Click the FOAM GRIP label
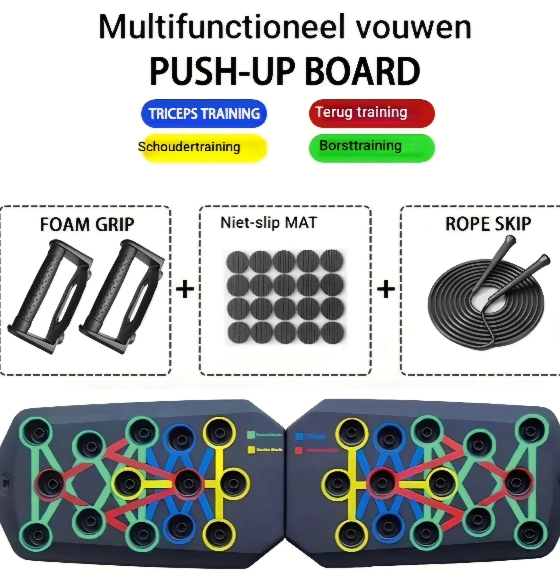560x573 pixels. pyautogui.click(x=87, y=225)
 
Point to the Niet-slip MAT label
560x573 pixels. pyautogui.click(x=268, y=223)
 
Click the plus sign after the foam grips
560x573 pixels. pyautogui.click(x=185, y=289)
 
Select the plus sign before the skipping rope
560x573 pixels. pyautogui.click(x=386, y=289)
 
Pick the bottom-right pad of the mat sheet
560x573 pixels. pyautogui.click(x=332, y=333)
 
